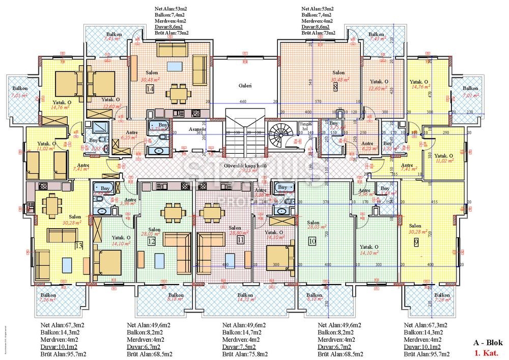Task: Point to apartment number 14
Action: tap(150, 89)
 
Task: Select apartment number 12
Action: tap(151, 241)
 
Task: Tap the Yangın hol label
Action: tap(305, 126)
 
